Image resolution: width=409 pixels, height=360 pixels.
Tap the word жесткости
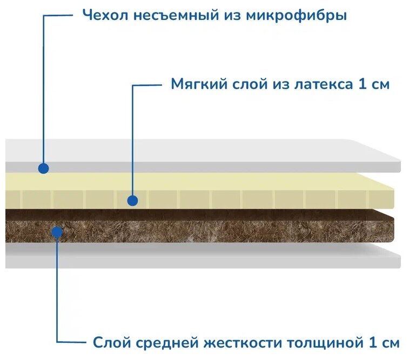[x=244, y=342]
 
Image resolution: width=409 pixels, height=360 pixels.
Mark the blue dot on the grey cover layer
[x=44, y=168]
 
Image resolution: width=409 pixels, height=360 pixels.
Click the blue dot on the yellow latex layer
[x=132, y=201]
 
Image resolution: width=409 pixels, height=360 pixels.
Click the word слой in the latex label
[x=247, y=85]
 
